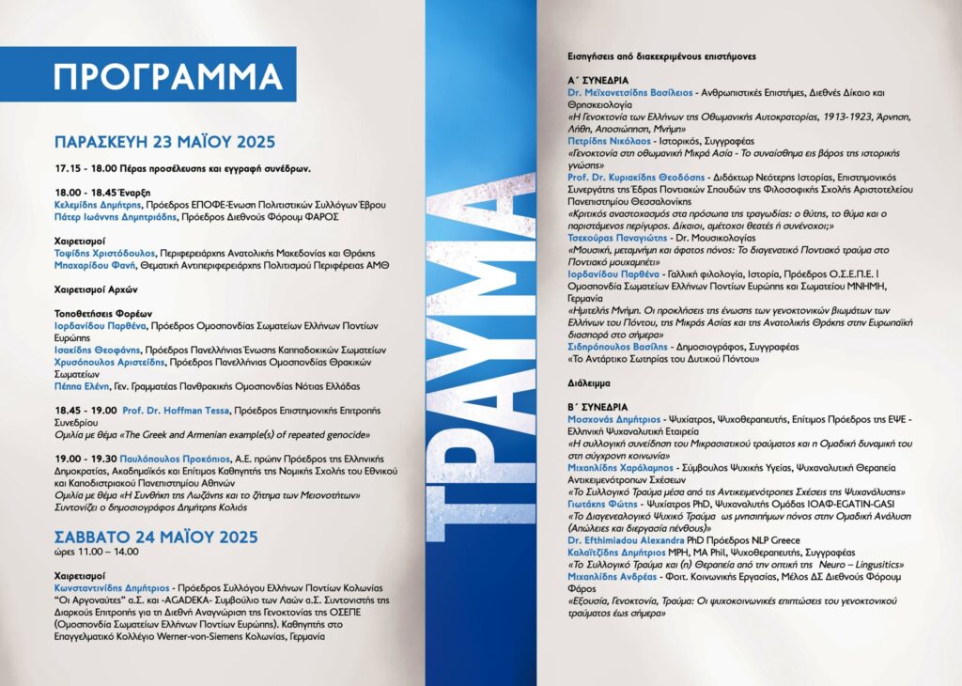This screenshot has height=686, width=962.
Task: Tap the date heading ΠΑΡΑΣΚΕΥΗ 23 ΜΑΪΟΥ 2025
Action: point(164,142)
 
